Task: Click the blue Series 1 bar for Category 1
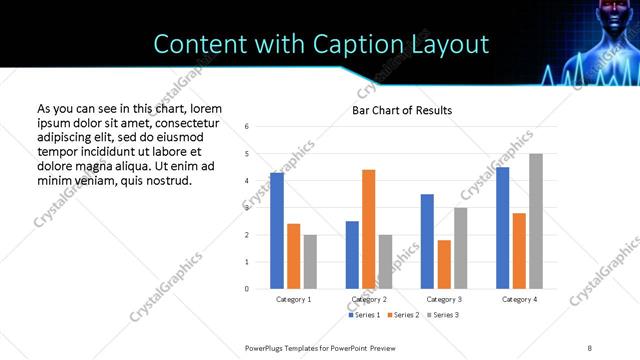pos(277,231)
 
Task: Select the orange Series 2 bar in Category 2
pos(369,229)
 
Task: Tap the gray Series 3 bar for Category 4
pos(536,221)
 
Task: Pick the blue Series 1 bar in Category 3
pos(427,241)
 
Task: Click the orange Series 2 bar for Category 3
pos(444,264)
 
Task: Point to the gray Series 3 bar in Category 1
pos(310,262)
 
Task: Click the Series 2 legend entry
pos(403,315)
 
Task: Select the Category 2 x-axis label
pos(369,299)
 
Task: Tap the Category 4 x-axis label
pos(519,299)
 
